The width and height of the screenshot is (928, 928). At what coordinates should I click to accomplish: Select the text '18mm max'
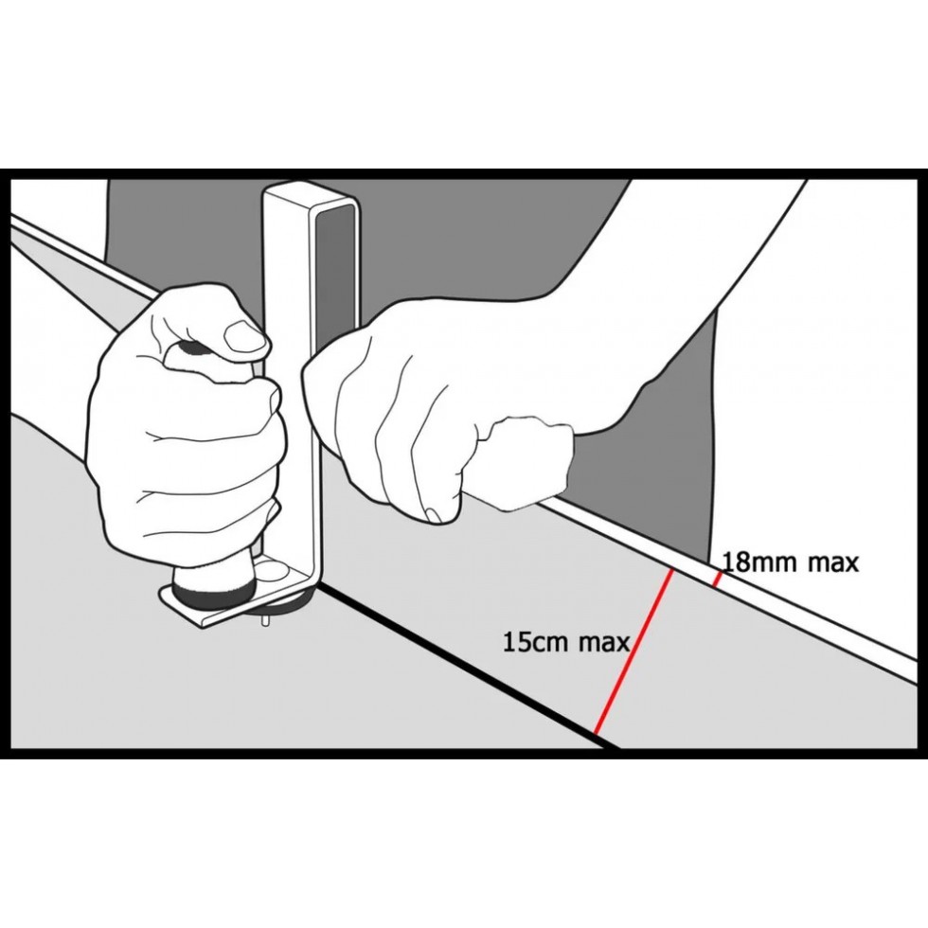point(791,562)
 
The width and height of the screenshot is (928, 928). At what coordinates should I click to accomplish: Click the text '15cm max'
point(566,642)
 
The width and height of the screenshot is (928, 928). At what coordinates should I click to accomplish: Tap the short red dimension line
point(718,579)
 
